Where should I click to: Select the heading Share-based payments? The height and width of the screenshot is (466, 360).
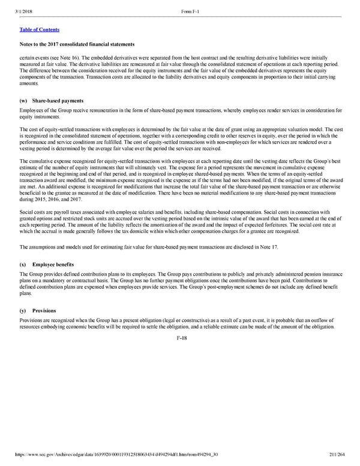pos(58,100)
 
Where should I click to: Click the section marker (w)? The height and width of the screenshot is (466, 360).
pos(23,100)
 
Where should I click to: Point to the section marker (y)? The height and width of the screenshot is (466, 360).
pos(23,311)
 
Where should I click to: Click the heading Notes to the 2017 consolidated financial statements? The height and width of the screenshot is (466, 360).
pos(77,44)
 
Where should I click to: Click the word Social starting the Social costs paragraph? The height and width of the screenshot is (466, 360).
pos(27,213)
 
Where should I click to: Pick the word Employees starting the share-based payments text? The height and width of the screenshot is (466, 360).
pos(32,110)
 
